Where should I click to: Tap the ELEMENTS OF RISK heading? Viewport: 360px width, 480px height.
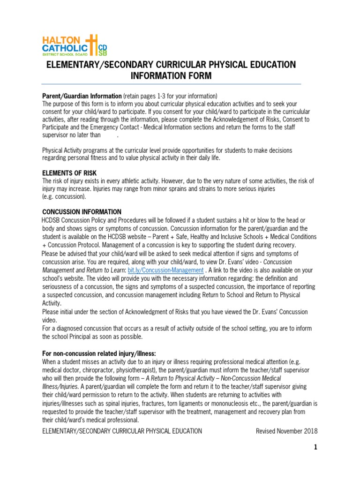[69, 173]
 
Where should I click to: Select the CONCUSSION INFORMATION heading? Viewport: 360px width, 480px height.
[82, 212]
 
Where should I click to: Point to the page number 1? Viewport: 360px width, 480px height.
[315, 448]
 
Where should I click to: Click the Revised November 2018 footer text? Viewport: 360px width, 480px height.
[286, 431]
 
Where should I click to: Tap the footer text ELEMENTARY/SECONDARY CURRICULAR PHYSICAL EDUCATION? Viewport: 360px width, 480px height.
[122, 431]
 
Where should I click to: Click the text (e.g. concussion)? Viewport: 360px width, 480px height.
[64, 197]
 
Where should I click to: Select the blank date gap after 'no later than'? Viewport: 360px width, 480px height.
[109, 135]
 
